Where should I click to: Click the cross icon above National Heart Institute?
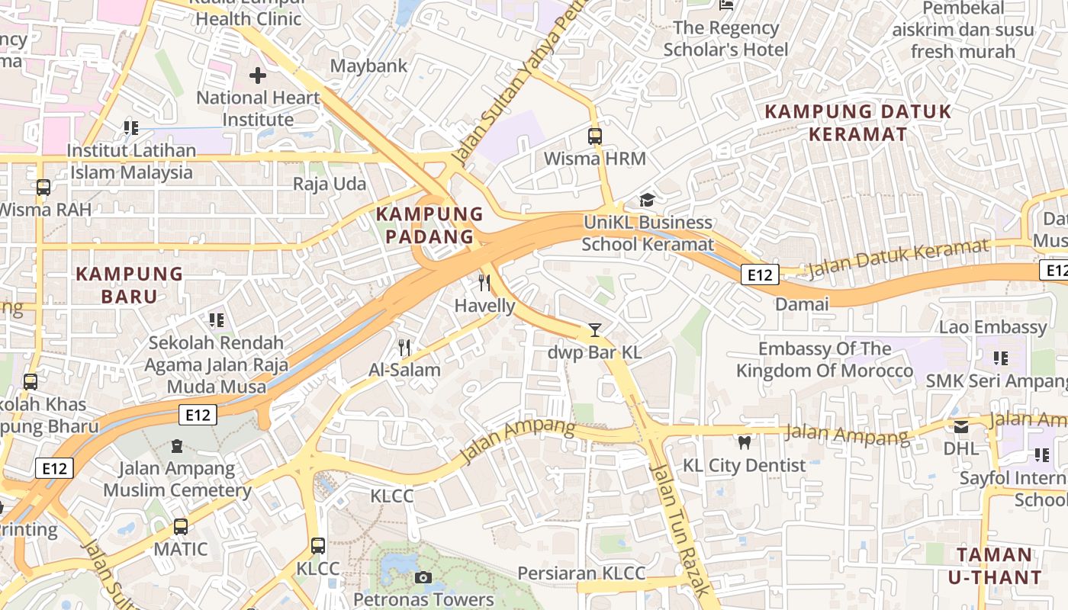[258, 75]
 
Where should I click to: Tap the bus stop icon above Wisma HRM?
[595, 136]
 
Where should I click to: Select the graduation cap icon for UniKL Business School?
[647, 200]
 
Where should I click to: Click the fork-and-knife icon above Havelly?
[484, 283]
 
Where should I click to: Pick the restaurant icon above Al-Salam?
[404, 348]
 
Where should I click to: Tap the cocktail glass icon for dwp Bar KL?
[595, 330]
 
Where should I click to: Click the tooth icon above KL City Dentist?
[744, 442]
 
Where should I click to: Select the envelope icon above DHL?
[960, 426]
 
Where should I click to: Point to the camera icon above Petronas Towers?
[423, 577]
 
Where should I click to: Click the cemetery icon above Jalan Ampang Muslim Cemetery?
[177, 445]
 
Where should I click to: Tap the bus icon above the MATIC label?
[181, 526]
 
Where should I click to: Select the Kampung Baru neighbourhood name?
[129, 284]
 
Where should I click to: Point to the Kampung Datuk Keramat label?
[858, 123]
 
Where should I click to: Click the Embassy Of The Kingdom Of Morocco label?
[824, 360]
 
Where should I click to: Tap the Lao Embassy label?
[992, 327]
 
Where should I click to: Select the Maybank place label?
[368, 66]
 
